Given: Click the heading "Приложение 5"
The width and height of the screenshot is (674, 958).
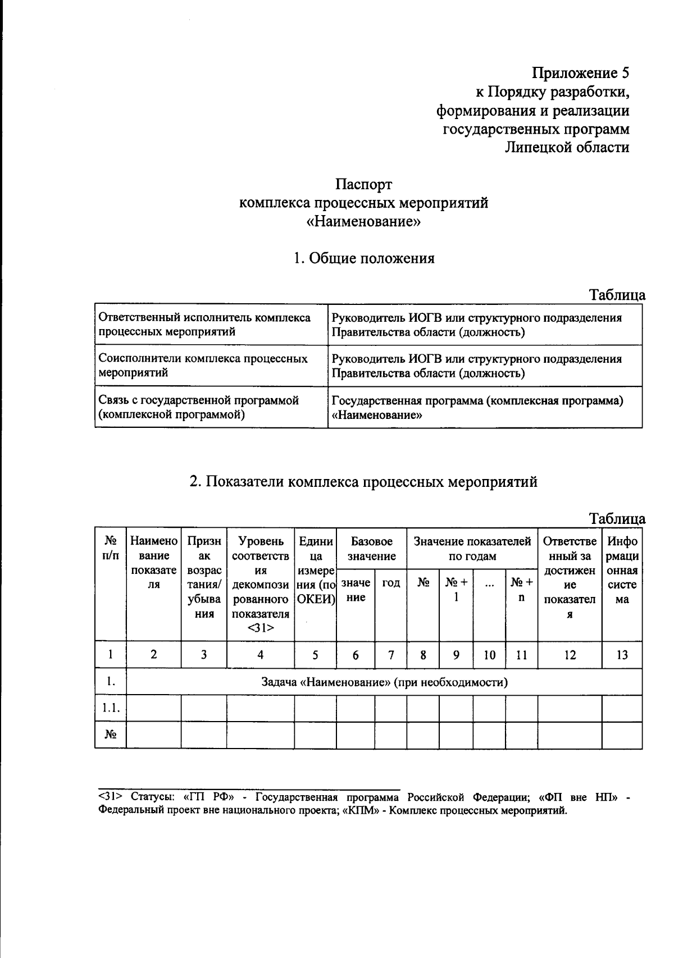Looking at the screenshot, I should click(x=581, y=73).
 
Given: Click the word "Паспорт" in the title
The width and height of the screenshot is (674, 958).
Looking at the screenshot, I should click(x=363, y=184).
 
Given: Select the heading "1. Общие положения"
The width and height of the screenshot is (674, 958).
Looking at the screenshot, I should click(x=363, y=258).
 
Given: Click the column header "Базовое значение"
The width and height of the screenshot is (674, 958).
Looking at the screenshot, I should click(x=371, y=549).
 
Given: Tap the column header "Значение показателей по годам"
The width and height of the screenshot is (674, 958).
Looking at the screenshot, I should click(x=472, y=549).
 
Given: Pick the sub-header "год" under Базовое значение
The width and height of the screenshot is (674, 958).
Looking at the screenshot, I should click(x=391, y=583).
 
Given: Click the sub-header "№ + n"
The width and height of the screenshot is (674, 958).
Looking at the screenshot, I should click(x=522, y=590).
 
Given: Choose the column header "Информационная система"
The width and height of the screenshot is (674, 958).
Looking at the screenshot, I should click(x=622, y=571).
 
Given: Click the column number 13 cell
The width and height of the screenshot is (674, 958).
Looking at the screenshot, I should click(x=622, y=655).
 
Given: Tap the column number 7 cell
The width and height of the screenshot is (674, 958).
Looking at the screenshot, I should click(x=391, y=655).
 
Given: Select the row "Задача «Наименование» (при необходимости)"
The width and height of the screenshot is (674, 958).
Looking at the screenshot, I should click(x=384, y=682).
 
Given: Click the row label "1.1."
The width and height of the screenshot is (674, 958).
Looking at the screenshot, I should click(x=111, y=709).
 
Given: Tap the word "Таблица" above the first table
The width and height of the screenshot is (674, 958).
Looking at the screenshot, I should click(x=617, y=295).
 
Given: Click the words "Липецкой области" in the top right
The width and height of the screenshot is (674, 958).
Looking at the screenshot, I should click(x=567, y=147).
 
